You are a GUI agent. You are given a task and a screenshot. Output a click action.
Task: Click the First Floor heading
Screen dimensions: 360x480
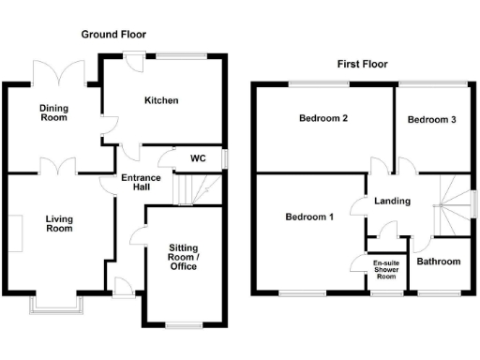(363, 65)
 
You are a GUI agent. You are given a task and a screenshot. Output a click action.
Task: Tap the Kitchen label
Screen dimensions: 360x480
(161, 100)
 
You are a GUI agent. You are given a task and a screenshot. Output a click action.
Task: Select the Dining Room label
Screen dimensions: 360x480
(54, 113)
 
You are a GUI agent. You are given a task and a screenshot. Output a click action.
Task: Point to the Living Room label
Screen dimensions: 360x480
(59, 222)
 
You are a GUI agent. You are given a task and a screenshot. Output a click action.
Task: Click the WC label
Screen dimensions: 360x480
(199, 157)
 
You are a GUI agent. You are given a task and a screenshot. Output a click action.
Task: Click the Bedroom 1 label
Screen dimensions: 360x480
(308, 217)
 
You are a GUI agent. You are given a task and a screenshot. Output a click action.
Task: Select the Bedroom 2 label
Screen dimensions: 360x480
(323, 119)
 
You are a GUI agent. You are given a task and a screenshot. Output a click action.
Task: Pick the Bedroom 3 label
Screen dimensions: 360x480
(432, 119)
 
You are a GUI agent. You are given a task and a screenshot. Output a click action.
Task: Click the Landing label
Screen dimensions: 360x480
(392, 201)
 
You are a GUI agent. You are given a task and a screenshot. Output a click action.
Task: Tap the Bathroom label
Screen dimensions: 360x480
(439, 262)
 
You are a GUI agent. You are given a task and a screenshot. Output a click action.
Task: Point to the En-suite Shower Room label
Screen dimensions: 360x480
(385, 269)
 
